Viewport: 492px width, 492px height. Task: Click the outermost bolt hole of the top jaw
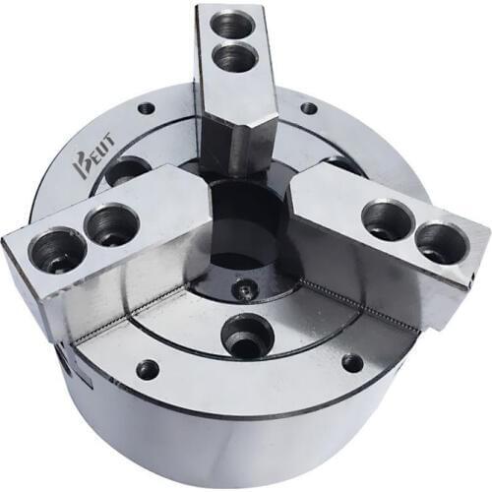coord(232,25)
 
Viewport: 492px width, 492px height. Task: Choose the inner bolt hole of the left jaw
coord(109,225)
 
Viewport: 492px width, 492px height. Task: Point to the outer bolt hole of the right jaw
coord(437,240)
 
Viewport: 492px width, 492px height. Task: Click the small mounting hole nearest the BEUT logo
coord(146,108)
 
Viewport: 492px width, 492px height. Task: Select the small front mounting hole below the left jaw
coord(148,369)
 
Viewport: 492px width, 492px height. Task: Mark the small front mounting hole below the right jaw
coord(352,363)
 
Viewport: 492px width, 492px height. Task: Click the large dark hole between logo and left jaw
coord(128,173)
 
